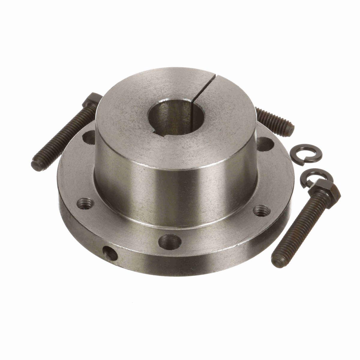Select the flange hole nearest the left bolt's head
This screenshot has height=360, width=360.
90,138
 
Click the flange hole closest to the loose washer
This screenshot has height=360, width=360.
265,144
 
